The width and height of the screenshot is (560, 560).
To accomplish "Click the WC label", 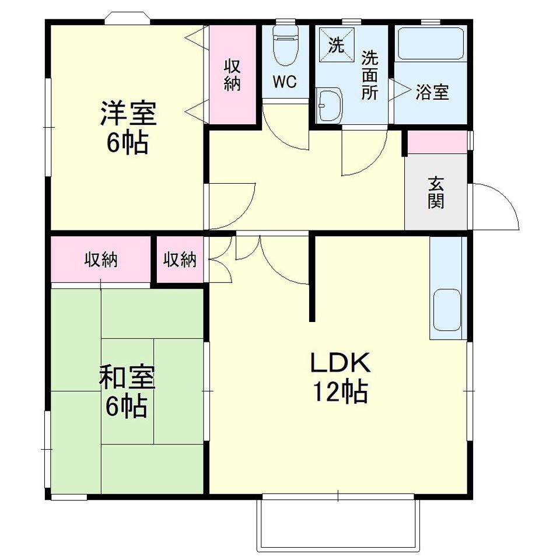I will pyautogui.click(x=285, y=82).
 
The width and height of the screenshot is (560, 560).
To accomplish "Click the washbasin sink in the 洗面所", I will pyautogui.click(x=330, y=105).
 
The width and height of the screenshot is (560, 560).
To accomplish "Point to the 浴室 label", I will pyautogui.click(x=432, y=92).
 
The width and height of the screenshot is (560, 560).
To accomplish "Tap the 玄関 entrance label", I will pyautogui.click(x=436, y=192).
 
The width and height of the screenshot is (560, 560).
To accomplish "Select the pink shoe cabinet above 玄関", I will pyautogui.click(x=436, y=142).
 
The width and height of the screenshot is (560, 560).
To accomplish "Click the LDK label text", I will pyautogui.click(x=340, y=364).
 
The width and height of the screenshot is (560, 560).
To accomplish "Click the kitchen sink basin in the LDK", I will pyautogui.click(x=447, y=309).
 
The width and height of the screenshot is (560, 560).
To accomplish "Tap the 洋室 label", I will pyautogui.click(x=128, y=114).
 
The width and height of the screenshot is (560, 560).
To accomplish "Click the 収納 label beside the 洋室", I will pyautogui.click(x=232, y=75).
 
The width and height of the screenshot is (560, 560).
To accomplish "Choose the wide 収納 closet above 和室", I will pyautogui.click(x=101, y=260).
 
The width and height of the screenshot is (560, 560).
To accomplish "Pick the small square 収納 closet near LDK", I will pyautogui.click(x=180, y=260).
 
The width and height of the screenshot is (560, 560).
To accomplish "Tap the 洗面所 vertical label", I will pyautogui.click(x=369, y=75).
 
